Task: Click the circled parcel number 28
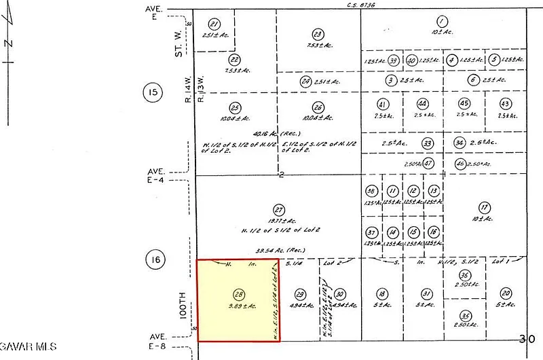(x=238, y=294)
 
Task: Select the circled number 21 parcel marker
(x=214, y=23)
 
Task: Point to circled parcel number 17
(x=484, y=207)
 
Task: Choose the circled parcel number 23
(x=317, y=34)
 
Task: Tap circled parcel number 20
(x=506, y=293)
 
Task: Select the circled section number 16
(x=155, y=259)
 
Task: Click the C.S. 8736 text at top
(x=360, y=5)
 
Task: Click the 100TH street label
(x=182, y=305)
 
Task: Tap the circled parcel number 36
(x=464, y=275)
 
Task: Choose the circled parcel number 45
(x=464, y=103)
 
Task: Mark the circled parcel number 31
(x=426, y=293)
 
